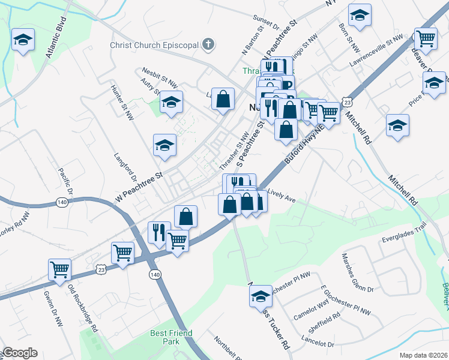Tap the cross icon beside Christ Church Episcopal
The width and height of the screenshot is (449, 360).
coord(208,44)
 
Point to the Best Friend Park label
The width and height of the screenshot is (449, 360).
coord(171,337)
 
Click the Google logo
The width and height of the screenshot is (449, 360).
coord(20,353)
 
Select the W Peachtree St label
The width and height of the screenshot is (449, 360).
coord(139,185)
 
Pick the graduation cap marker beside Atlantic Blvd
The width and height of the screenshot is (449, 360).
coord(23,41)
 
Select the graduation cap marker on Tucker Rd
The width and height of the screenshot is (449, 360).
coord(261,296)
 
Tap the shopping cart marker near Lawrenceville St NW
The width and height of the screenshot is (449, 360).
coord(426,39)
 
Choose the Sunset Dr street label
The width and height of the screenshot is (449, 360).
coord(268,23)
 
